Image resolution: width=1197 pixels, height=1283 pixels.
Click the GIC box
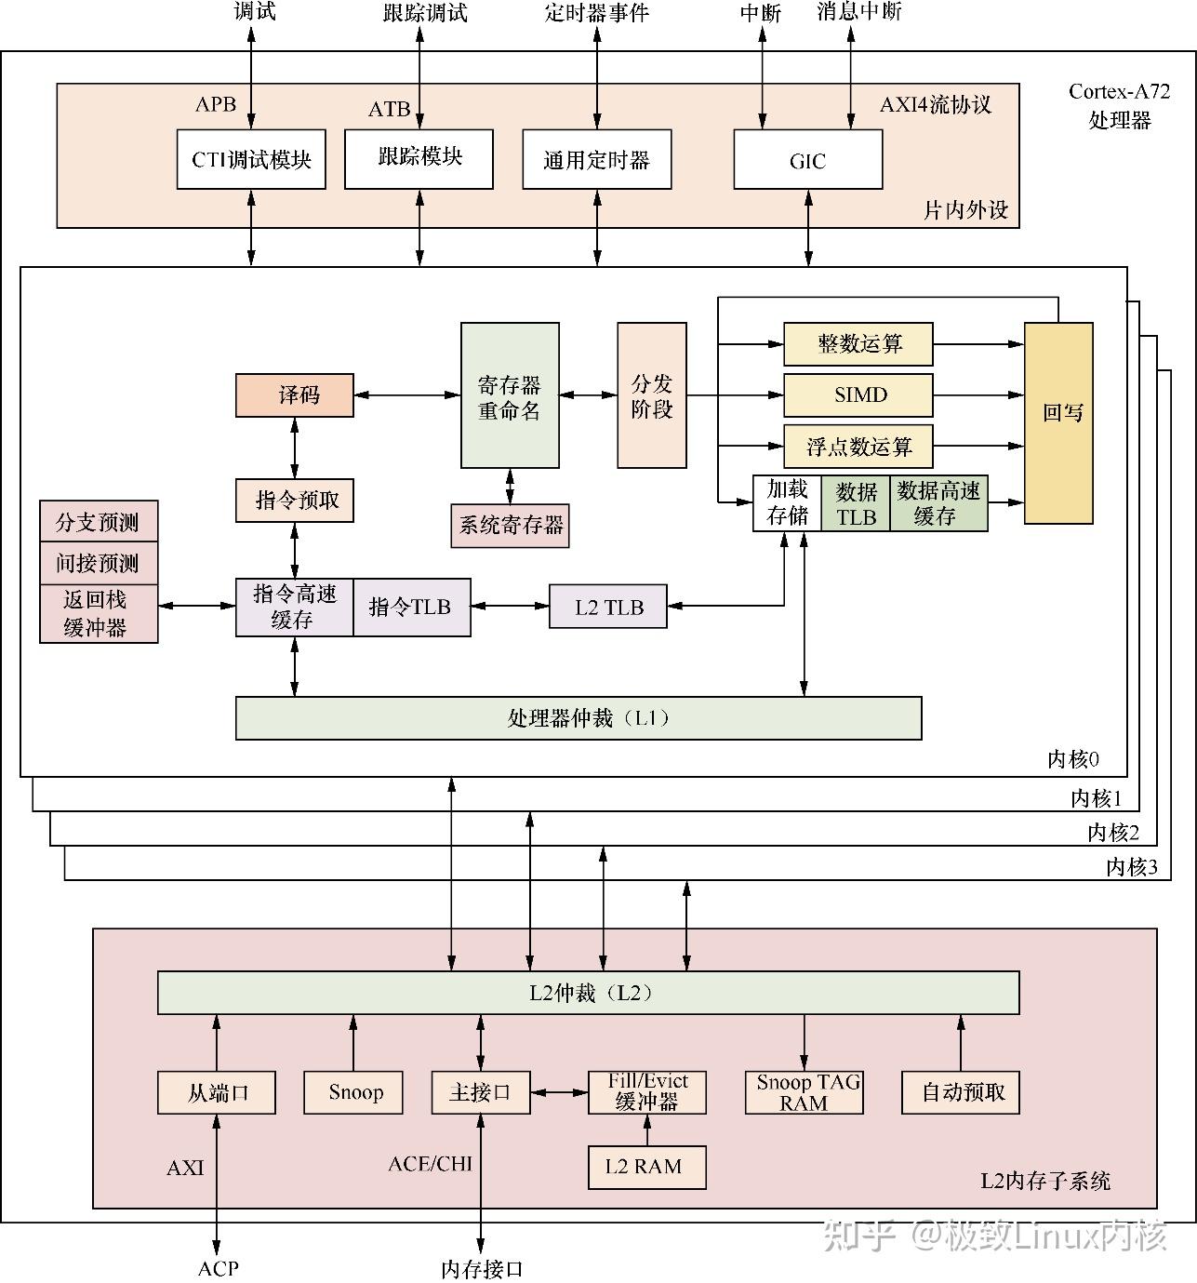click(807, 160)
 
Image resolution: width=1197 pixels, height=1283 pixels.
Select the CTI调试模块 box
click(251, 160)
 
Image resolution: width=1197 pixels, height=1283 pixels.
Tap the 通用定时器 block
click(596, 160)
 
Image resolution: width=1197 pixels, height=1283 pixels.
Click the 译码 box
click(295, 395)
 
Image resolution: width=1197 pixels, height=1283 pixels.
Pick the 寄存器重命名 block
click(510, 395)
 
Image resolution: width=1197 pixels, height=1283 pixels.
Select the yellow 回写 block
click(1058, 423)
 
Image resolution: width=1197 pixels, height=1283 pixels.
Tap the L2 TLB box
click(608, 607)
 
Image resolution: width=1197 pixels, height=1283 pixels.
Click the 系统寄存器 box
click(510, 526)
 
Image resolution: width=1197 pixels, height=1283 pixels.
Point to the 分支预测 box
click(99, 521)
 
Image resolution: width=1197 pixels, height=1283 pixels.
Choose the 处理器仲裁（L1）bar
click(579, 718)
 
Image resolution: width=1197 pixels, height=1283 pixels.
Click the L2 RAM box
click(646, 1167)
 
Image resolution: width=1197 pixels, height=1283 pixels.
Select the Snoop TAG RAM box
click(805, 1093)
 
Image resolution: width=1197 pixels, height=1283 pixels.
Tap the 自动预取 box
click(961, 1092)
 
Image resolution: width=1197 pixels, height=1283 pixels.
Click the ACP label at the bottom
click(218, 1267)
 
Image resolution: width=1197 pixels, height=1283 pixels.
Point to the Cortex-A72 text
click(1119, 91)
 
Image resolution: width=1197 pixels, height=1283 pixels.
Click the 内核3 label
click(1131, 867)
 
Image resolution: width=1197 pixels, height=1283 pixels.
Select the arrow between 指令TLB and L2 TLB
click(510, 607)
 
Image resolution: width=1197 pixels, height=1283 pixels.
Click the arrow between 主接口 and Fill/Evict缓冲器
click(559, 1092)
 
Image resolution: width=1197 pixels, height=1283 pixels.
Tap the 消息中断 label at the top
click(858, 12)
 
